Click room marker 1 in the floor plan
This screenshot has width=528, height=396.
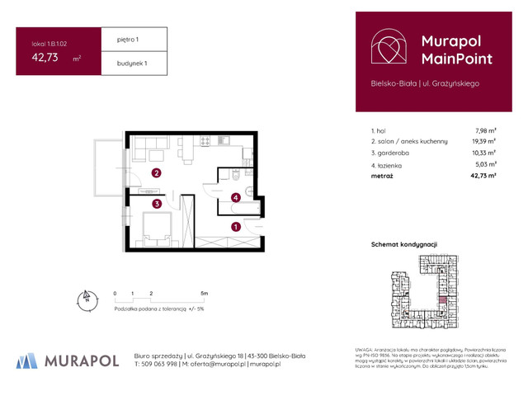(x=236, y=226)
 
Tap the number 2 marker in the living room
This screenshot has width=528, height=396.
(x=156, y=173)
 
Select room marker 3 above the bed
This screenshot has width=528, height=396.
(x=156, y=203)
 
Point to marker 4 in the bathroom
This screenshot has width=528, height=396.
(x=236, y=197)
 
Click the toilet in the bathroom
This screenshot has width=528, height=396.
(x=236, y=174)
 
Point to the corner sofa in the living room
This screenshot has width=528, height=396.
(x=147, y=149)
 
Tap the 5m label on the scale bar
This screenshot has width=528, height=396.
(x=204, y=293)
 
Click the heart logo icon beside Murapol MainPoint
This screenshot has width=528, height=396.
(x=387, y=49)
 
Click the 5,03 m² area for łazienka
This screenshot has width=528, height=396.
(x=485, y=164)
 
